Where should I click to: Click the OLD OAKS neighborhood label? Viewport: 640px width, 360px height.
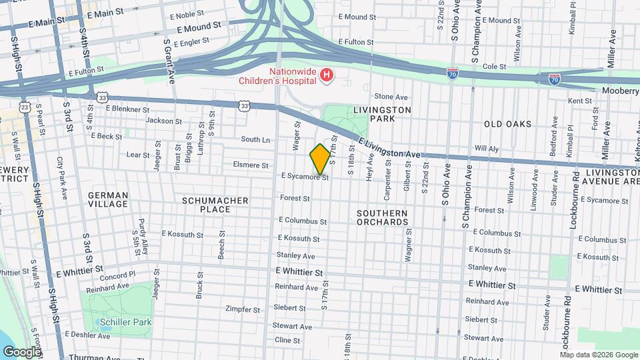[507, 124]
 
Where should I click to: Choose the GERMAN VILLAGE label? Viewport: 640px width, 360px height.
[107, 200]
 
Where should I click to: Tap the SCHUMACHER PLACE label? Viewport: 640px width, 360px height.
[215, 205]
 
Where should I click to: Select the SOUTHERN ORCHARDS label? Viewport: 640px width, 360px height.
[381, 217]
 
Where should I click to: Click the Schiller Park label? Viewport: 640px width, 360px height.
[125, 322]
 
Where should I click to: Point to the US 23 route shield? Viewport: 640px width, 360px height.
[25, 107]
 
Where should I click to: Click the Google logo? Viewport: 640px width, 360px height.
[21, 351]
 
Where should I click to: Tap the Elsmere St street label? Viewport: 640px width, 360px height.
[251, 165]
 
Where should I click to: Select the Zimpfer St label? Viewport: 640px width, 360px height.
[243, 309]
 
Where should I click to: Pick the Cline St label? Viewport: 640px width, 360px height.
[287, 340]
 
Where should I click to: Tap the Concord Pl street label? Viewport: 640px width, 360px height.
[117, 275]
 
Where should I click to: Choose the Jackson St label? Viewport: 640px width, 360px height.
[163, 121]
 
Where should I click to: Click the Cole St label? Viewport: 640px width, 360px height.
[495, 67]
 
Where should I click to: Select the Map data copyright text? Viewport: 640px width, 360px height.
[598, 355]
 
